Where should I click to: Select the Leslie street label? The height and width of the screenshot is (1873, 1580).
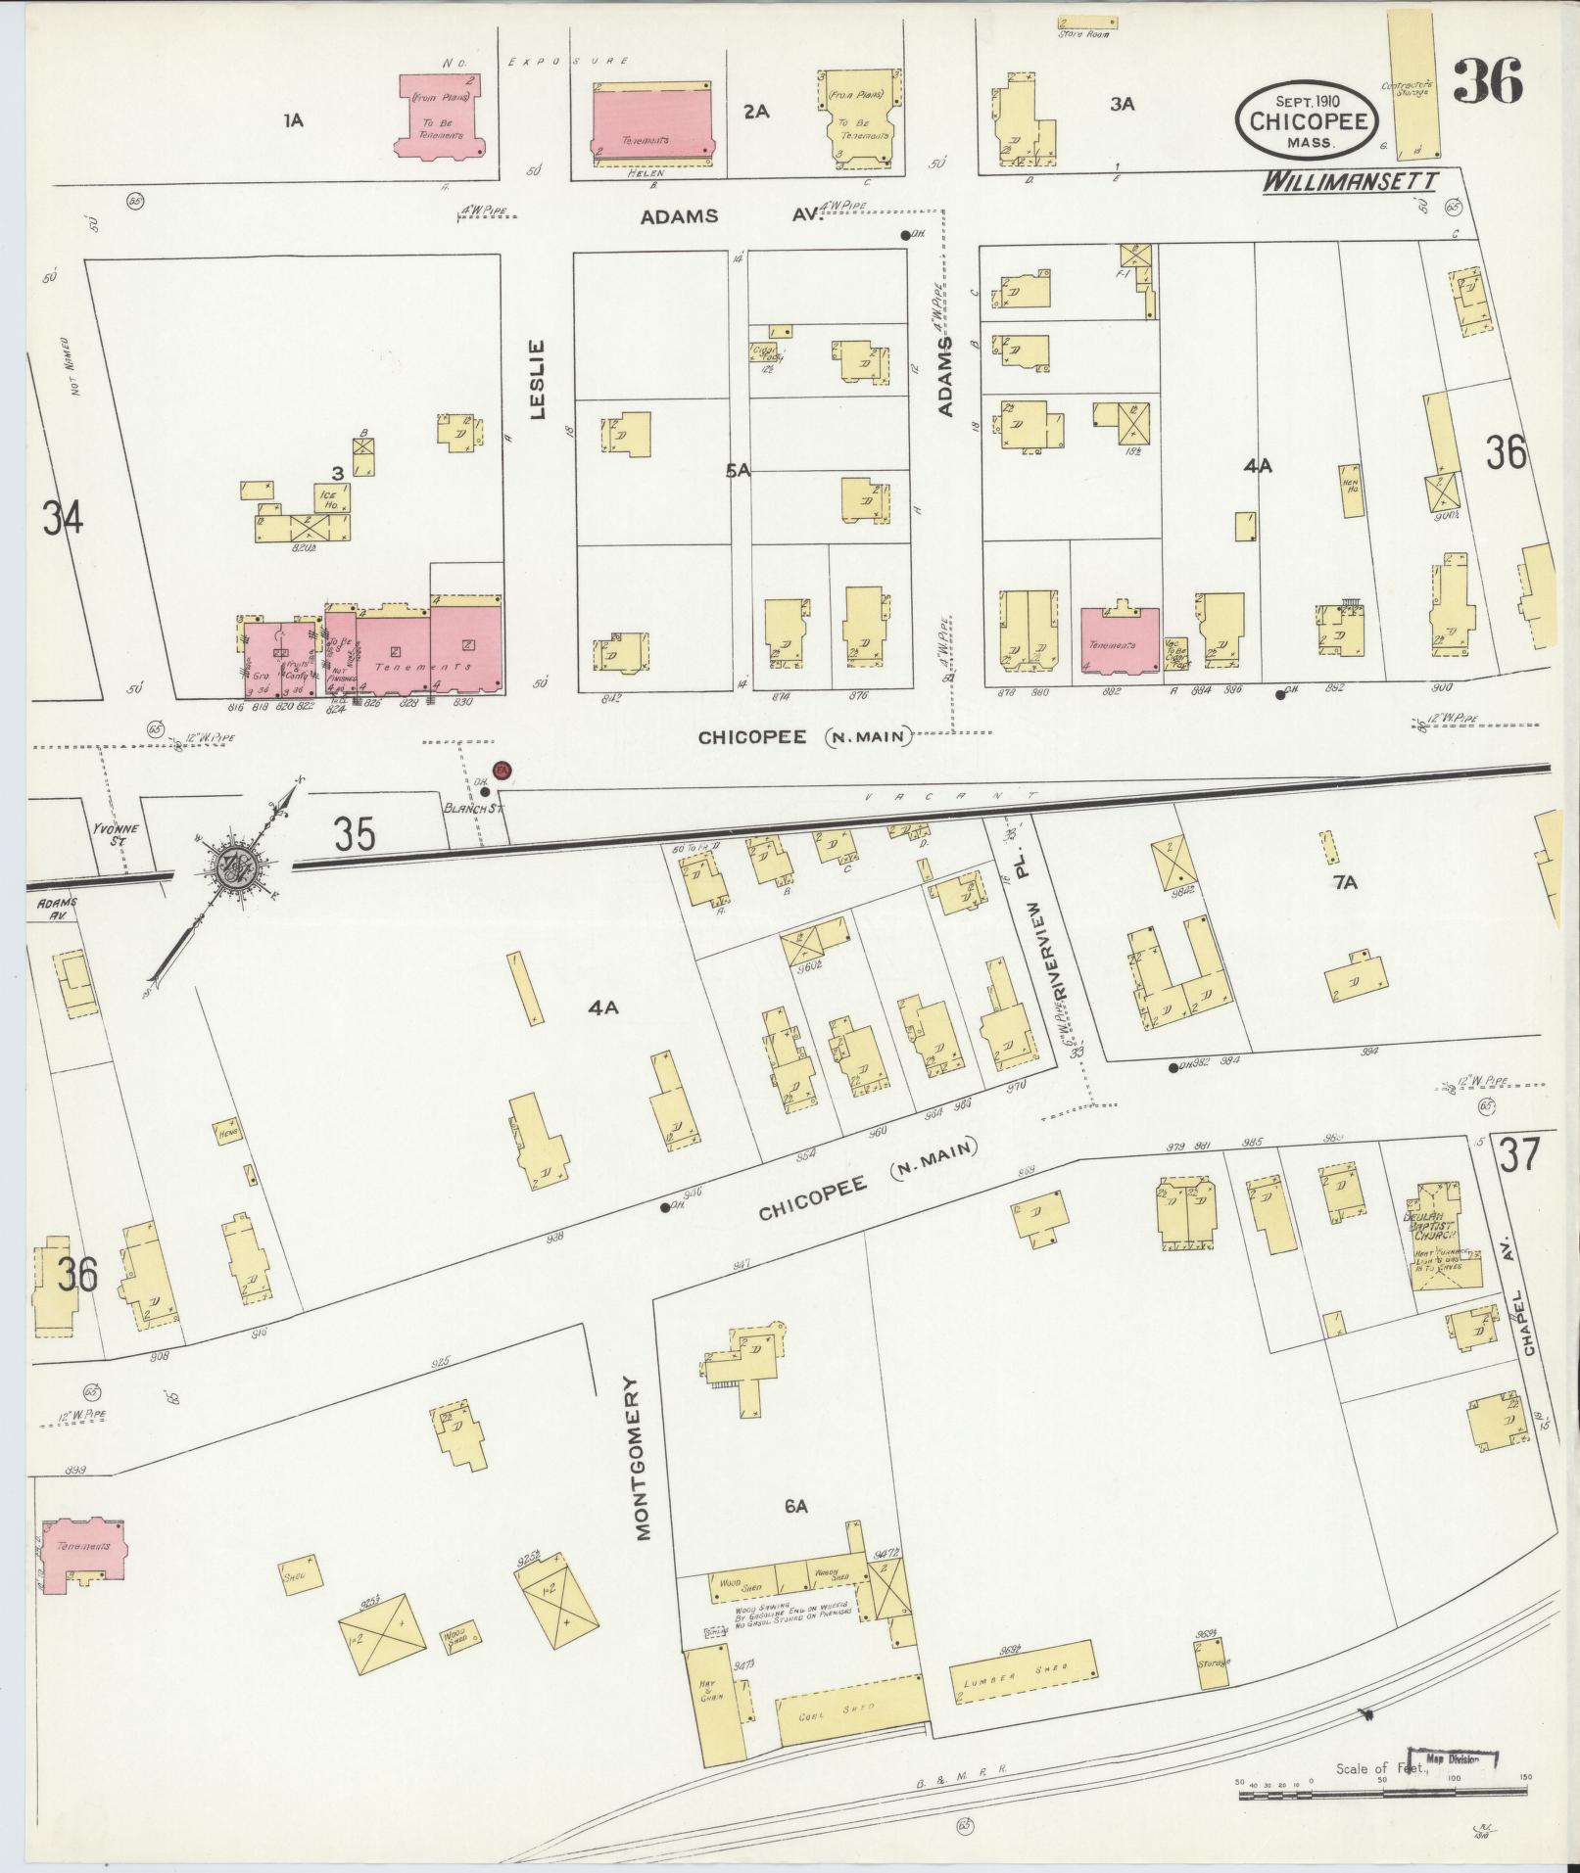coord(537,380)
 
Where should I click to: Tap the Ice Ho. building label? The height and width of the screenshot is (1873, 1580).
coord(328,499)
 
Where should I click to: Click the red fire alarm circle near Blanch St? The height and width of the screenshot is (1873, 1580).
coord(503,771)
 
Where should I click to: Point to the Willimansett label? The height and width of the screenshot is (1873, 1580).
coord(1348,182)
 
